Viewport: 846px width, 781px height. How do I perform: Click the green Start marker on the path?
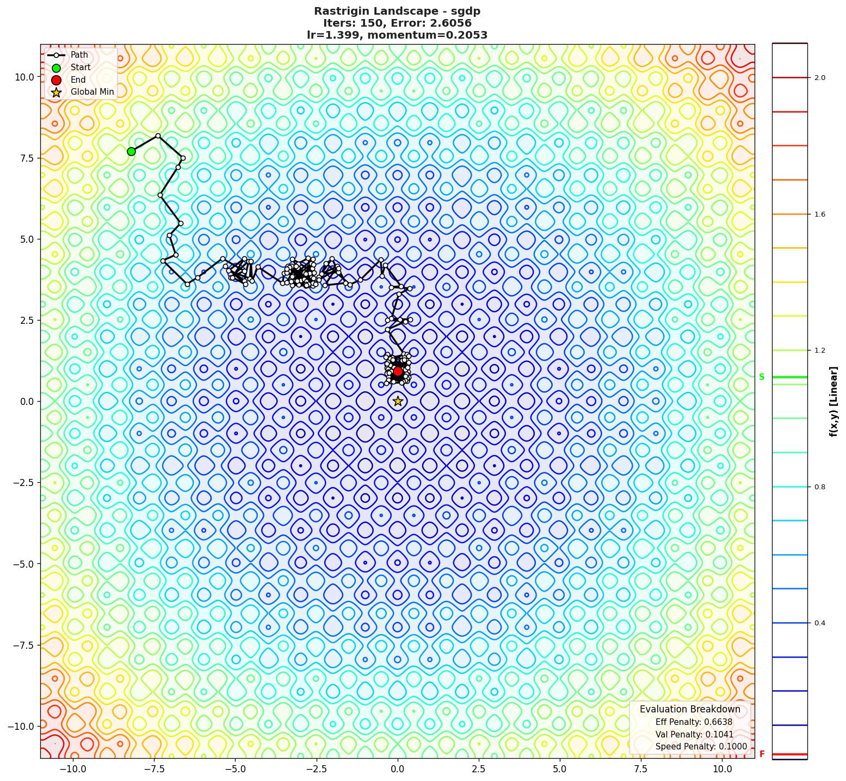131,151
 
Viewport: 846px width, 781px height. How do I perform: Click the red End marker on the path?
398,371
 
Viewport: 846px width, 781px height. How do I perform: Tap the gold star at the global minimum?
398,401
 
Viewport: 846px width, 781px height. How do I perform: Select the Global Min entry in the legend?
92,92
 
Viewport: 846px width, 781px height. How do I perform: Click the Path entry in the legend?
79,55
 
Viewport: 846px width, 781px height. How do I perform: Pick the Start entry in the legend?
81,67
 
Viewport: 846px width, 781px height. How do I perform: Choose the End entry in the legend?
78,79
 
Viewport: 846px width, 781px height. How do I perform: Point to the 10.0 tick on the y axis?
24,77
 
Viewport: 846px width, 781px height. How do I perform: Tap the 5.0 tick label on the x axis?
560,769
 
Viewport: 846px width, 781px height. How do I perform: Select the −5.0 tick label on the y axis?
22,564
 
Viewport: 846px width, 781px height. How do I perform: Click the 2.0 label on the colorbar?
819,78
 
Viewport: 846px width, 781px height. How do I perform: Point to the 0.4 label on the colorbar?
819,623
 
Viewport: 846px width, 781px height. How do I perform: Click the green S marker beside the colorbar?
762,377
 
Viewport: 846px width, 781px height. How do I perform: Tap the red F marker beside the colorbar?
762,754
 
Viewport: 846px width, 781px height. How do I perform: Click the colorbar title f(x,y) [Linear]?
833,402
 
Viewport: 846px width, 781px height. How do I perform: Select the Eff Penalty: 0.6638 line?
694,722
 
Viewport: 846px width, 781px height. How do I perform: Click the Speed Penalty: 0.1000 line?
701,747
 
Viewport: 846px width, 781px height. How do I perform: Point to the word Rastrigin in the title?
342,11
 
